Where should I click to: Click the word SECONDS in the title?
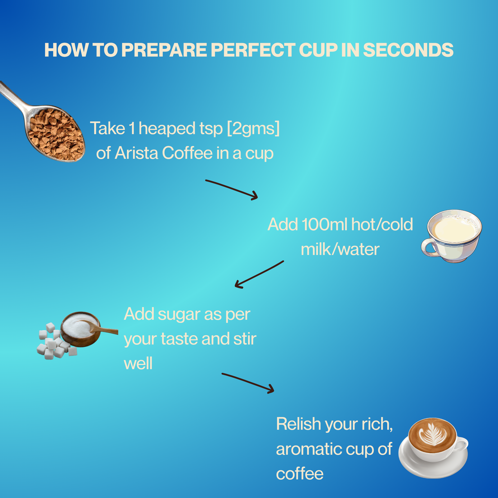(408, 50)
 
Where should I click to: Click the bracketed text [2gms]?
(253, 129)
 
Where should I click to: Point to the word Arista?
(136, 153)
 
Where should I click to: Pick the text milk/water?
(340, 249)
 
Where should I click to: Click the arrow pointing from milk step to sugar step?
(259, 275)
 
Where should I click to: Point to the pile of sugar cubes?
(56, 342)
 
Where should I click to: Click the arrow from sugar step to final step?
(248, 383)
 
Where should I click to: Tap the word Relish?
(298, 424)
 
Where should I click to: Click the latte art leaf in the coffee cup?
(432, 434)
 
